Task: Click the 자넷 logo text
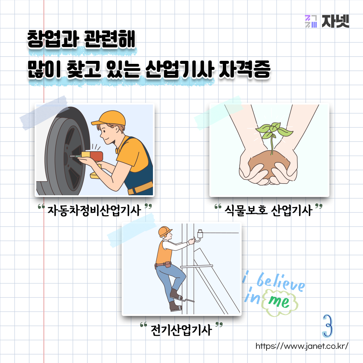[x=335, y=21]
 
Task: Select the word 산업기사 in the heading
[x=179, y=69]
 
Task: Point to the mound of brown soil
[x=269, y=163]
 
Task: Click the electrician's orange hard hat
[x=165, y=232]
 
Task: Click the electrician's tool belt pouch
[x=167, y=265]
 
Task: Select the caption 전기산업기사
[x=181, y=330]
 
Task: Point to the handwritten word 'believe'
[x=281, y=282]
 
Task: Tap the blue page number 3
[x=327, y=325]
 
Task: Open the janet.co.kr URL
[x=302, y=346]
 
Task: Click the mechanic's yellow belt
[x=140, y=188]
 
